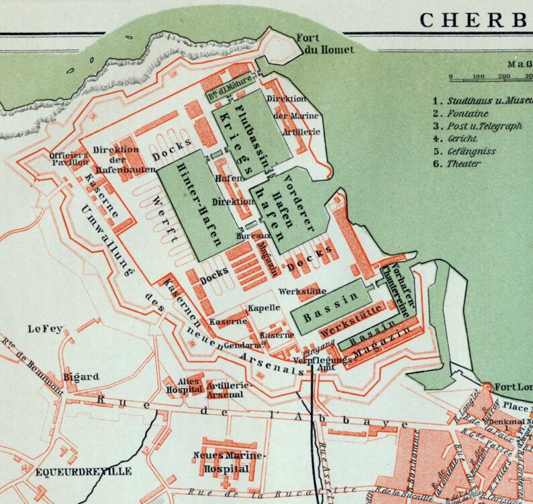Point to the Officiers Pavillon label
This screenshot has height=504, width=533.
click(x=69, y=159)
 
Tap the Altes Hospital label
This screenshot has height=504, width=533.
click(x=185, y=384)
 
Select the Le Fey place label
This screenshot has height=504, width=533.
click(x=44, y=329)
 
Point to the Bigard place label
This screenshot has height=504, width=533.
click(x=81, y=376)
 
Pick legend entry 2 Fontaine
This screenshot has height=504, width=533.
click(x=464, y=114)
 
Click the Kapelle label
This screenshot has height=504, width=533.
click(x=264, y=308)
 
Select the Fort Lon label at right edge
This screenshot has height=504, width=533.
click(x=514, y=387)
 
